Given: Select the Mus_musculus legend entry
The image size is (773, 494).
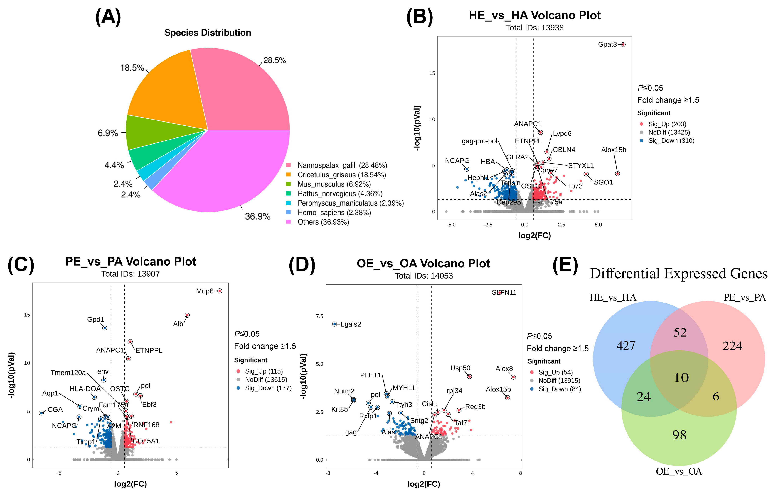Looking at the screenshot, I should coord(334,184).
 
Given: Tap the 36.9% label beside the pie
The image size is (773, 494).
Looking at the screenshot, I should coord(257,217).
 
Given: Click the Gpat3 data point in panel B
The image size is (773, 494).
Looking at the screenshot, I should coord(623,45).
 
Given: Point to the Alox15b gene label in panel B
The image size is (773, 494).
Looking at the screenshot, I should coord(613,150).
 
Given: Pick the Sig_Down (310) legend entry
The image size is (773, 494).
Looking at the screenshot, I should coord(671,141).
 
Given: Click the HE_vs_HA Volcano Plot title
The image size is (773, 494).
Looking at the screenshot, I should coord(535,15).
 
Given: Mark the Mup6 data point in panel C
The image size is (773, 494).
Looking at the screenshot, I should coord(220,291).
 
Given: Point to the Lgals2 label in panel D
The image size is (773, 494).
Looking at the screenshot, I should coord(351,324).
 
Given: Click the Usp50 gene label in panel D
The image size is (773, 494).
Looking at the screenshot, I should coord(460,368).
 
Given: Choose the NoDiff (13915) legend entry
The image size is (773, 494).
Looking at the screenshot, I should coord(559,381).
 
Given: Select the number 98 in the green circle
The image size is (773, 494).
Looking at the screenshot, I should coord(679,435).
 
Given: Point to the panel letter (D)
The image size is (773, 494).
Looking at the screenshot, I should coord(302,265).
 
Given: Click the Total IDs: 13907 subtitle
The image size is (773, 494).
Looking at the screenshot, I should coord(130,274).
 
